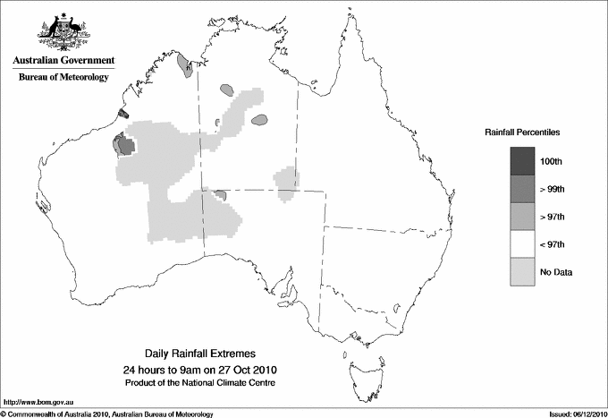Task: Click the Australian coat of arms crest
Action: (63, 31)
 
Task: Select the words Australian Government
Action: (63, 61)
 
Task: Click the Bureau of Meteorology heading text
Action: (63, 77)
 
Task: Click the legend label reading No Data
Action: (555, 272)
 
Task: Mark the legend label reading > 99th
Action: (553, 189)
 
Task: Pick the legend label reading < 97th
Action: (553, 244)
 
